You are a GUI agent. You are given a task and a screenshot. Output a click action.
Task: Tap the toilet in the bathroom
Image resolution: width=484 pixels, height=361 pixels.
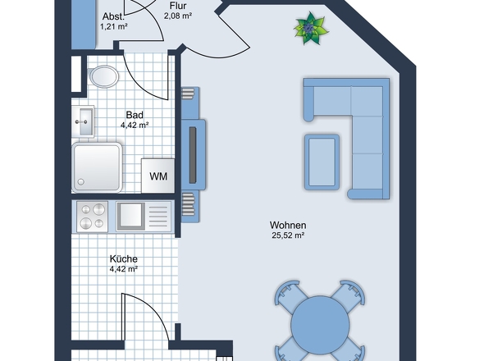point(103,77)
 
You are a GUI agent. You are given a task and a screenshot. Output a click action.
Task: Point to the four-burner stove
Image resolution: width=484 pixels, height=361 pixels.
point(91,216)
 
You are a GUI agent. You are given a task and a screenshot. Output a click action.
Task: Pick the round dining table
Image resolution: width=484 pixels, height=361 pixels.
point(322,322)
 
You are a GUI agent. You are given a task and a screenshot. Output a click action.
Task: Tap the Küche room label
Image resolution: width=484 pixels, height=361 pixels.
point(123,258)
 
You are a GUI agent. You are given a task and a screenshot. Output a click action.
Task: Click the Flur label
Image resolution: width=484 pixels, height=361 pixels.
point(178,6)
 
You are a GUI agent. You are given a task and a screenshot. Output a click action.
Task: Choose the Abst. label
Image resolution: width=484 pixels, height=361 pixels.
point(113,16)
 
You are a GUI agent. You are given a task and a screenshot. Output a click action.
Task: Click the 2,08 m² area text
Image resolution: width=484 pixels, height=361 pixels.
point(178,16)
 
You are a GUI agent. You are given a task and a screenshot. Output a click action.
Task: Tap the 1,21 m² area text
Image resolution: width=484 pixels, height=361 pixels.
point(114,26)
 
